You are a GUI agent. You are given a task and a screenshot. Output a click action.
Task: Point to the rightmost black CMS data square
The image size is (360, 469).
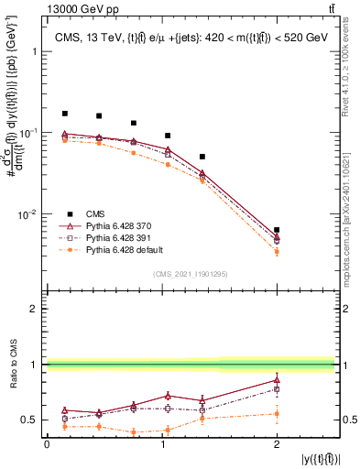(x=277, y=230)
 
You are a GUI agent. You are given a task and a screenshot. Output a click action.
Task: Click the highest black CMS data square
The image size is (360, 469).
(x=64, y=114)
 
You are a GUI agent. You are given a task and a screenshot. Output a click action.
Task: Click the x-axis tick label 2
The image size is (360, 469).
(x=277, y=443)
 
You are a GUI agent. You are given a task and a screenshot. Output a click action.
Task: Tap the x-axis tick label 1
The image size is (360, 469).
(x=161, y=443)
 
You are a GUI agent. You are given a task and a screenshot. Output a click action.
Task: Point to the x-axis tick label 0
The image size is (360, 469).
(x=47, y=443)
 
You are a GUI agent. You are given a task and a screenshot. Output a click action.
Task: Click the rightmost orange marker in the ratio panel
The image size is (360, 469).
(x=277, y=414)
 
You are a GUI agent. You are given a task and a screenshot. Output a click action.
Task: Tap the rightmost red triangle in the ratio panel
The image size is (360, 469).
(x=277, y=379)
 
